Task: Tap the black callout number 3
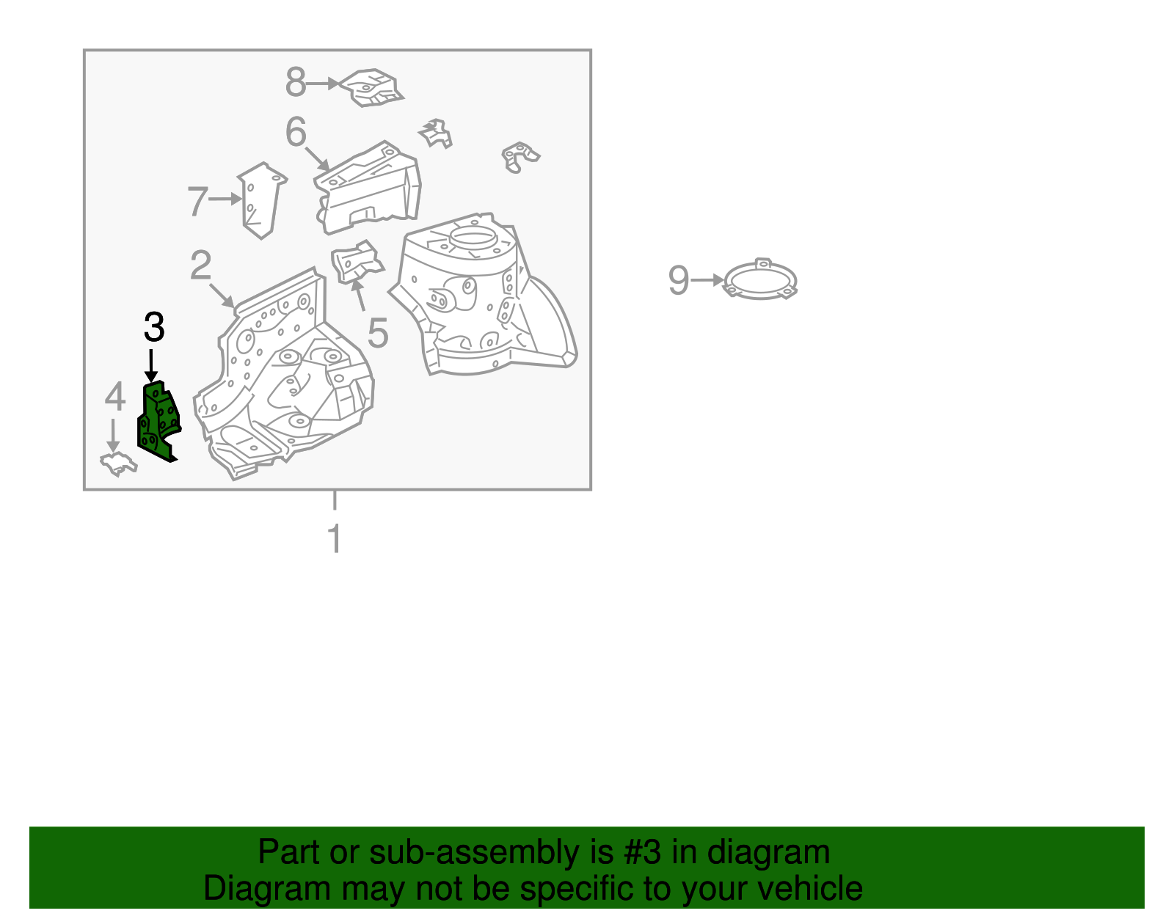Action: (154, 326)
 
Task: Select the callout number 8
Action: (296, 82)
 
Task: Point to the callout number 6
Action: (296, 132)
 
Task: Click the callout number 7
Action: (197, 201)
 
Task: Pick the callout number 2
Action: (200, 265)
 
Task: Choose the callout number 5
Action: (378, 332)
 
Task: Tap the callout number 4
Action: (115, 395)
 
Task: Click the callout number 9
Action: (679, 280)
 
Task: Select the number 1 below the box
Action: (335, 538)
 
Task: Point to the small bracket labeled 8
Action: (372, 87)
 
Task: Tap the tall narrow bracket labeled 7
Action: (261, 200)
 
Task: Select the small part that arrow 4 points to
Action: (118, 464)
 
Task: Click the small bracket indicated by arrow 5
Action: (357, 262)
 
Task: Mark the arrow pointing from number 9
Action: (707, 280)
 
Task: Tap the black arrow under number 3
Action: (151, 366)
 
